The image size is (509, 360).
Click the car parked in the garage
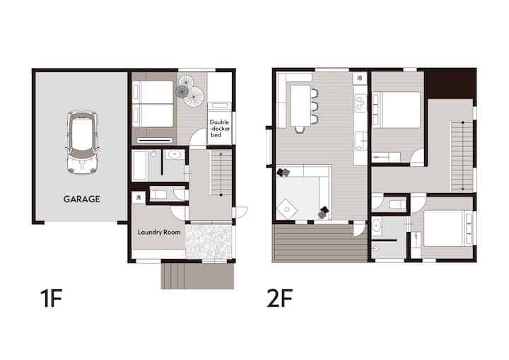click(x=82, y=142)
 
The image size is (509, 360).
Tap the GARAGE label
click(x=82, y=199)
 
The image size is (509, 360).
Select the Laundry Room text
click(x=159, y=232)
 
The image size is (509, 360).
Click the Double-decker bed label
click(x=220, y=128)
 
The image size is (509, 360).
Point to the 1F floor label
click(x=52, y=298)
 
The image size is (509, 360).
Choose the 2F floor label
click(x=279, y=298)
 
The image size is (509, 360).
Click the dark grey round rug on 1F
click(x=182, y=92)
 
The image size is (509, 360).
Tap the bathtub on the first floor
click(x=140, y=166)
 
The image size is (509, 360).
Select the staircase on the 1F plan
click(x=221, y=173)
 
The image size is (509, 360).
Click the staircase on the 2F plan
click(x=462, y=156)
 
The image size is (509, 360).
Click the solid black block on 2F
click(x=450, y=83)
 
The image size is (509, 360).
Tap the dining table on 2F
click(x=300, y=105)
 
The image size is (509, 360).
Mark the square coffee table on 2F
click(x=287, y=209)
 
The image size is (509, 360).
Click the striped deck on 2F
click(x=320, y=243)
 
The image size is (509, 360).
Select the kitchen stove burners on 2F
click(x=361, y=103)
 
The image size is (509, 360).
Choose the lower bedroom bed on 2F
click(x=448, y=228)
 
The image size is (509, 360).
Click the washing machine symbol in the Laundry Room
click(x=139, y=197)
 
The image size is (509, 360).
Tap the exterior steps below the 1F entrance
click(x=197, y=276)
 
